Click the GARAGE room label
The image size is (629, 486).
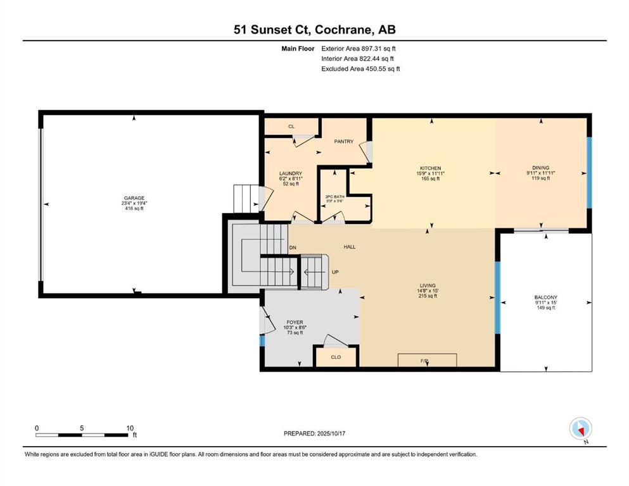pos(134,198)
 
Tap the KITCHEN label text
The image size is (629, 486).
pos(429,168)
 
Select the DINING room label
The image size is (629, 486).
pos(540,168)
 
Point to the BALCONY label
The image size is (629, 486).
pos(545,297)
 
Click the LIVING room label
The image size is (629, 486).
pos(428,285)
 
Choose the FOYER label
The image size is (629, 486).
pos(295,322)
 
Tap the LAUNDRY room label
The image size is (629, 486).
pos(291,173)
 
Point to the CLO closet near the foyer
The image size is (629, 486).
pos(336,357)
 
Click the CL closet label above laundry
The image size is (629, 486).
pos(291,127)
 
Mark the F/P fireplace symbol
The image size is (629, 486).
pos(426,360)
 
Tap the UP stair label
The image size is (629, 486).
pos(335,272)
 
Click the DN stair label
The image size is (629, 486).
pos(292,247)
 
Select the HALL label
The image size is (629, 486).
pos(349,247)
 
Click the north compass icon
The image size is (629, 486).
pos(580,428)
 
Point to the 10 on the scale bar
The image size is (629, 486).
pos(129,428)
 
